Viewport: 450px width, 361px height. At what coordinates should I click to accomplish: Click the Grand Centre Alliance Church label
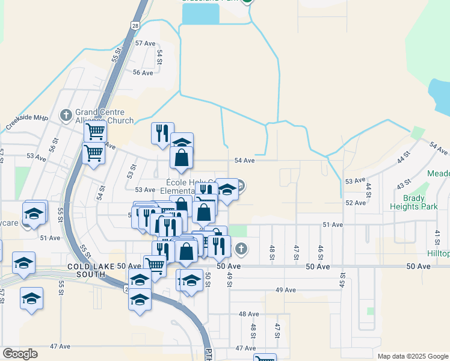pos(104,116)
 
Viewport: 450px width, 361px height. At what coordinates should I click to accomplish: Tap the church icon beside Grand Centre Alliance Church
pos(66,114)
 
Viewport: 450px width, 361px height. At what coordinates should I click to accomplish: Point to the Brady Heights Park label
pos(416,201)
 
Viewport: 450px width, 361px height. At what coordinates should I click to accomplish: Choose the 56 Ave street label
pos(143,72)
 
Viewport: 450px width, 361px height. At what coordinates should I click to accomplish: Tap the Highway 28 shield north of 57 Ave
pos(135,25)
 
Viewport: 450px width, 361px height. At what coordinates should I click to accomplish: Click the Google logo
pos(20,354)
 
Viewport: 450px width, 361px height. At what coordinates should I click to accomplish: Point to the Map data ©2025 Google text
pos(411,356)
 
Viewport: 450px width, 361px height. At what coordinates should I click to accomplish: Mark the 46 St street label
pos(321,251)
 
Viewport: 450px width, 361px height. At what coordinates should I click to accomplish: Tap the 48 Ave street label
pos(248,314)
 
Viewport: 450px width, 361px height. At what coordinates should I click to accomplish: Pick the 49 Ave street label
pos(285,290)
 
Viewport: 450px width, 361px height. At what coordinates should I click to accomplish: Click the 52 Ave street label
pos(356,203)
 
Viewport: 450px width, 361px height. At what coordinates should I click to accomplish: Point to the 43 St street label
pos(403,182)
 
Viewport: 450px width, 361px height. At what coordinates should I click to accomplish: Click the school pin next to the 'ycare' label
pos(34,214)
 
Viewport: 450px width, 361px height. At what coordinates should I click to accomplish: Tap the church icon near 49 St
pos(241,248)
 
